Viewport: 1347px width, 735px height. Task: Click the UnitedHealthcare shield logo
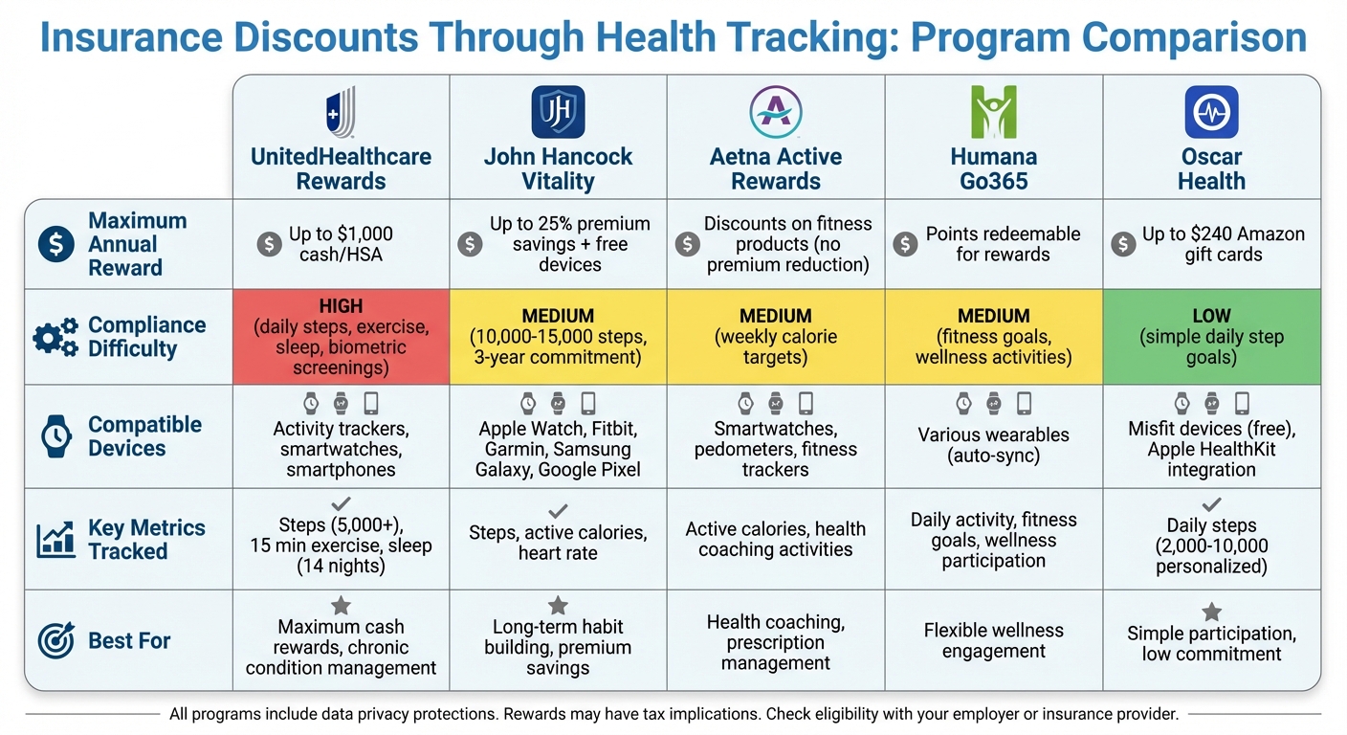[x=341, y=112]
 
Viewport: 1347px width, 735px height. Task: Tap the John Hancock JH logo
[x=558, y=112]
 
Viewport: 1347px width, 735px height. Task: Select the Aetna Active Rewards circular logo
[x=776, y=112]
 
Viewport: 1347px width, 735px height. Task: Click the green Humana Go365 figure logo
[x=993, y=112]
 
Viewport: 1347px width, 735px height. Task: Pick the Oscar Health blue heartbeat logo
[x=1211, y=112]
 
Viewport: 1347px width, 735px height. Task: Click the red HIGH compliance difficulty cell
[x=341, y=337]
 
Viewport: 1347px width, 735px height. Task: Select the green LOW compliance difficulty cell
[x=1211, y=337]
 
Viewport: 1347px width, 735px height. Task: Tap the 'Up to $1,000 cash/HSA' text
[x=341, y=244]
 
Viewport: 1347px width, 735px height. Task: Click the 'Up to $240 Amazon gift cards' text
[x=1224, y=244]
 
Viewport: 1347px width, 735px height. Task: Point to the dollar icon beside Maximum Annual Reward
[x=55, y=244]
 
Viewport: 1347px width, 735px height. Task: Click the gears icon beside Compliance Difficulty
[x=55, y=337]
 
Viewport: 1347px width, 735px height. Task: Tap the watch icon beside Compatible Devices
[x=55, y=436]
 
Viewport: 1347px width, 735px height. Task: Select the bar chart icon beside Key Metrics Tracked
[x=55, y=540]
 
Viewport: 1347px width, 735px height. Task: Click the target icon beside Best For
[x=55, y=640]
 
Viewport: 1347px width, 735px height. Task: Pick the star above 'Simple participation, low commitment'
[x=1211, y=612]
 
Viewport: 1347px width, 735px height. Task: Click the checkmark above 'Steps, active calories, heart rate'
[x=558, y=511]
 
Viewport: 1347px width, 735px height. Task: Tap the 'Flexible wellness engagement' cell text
[x=993, y=640]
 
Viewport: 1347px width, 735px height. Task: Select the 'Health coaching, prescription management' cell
[x=776, y=642]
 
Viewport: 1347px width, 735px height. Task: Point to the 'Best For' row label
[x=129, y=640]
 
